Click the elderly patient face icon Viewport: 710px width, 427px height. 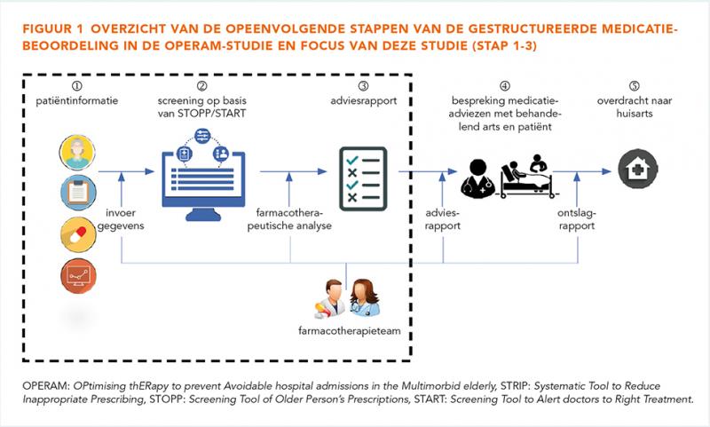click(x=77, y=152)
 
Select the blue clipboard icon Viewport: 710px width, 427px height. click(x=78, y=193)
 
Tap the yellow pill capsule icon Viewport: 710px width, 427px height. click(x=78, y=234)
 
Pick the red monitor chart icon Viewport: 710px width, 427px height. click(x=78, y=276)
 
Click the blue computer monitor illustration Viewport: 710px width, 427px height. click(x=203, y=176)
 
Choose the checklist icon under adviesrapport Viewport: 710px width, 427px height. click(x=363, y=178)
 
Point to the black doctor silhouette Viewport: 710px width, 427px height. click(x=477, y=178)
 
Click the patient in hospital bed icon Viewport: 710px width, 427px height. click(x=527, y=176)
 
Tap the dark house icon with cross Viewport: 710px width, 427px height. click(x=638, y=169)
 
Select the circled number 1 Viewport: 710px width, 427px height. click(x=77, y=85)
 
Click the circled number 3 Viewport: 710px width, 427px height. click(x=363, y=85)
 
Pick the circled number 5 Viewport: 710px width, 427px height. click(x=635, y=85)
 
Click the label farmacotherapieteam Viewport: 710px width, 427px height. click(x=350, y=331)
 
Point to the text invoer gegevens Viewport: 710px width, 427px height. click(x=121, y=219)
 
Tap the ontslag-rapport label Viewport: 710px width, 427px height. click(x=576, y=219)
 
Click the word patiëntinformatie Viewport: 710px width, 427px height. click(x=77, y=100)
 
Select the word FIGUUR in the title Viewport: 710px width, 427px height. click(x=47, y=29)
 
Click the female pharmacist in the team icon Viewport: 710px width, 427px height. click(x=365, y=297)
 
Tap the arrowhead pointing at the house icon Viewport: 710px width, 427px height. click(x=607, y=171)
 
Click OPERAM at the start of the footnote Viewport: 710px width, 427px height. click(x=46, y=386)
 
